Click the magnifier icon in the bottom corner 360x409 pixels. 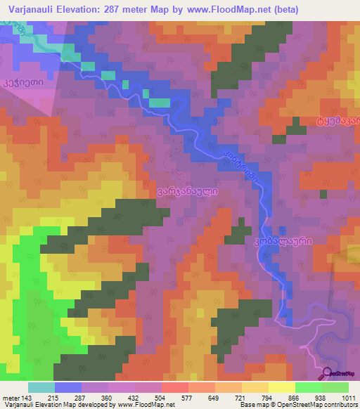pos(327,373)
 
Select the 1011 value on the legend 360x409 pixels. pos(349,398)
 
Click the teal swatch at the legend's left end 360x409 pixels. pos(41,387)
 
